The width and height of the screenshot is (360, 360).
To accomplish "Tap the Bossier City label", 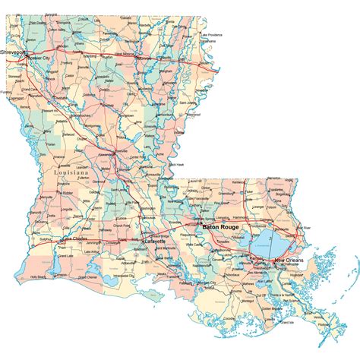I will click(x=37, y=58).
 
